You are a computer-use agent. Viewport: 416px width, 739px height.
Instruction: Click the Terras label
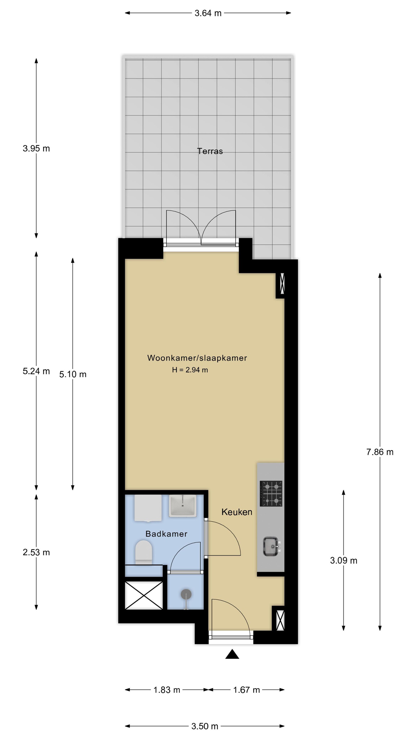click(210, 151)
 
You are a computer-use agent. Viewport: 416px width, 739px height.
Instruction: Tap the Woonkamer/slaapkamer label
click(197, 358)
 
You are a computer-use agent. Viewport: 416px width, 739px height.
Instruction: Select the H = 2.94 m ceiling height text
click(190, 370)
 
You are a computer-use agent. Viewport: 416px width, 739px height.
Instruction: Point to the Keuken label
click(237, 512)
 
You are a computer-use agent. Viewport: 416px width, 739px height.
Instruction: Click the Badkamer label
click(166, 534)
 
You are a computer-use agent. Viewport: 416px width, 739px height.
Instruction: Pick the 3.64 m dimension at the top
click(208, 13)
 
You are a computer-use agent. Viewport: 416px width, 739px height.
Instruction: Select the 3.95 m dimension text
click(36, 148)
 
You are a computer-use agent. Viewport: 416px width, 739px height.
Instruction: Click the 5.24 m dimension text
click(36, 371)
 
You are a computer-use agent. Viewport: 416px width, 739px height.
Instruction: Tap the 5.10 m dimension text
click(73, 374)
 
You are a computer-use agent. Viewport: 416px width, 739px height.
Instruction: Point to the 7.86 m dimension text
click(380, 452)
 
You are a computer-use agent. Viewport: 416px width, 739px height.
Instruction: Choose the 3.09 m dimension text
click(343, 560)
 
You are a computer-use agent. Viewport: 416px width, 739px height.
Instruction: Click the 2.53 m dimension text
click(36, 552)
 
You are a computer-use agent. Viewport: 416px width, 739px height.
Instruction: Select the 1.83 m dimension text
click(166, 690)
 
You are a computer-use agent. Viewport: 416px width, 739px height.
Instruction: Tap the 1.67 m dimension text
click(246, 690)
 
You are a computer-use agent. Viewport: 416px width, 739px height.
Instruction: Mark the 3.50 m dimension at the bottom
click(205, 726)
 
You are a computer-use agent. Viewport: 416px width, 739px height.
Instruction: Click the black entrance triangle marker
click(232, 654)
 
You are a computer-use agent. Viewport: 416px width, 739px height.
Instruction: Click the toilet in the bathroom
click(143, 552)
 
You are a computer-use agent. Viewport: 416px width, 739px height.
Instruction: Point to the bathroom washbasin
click(182, 506)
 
